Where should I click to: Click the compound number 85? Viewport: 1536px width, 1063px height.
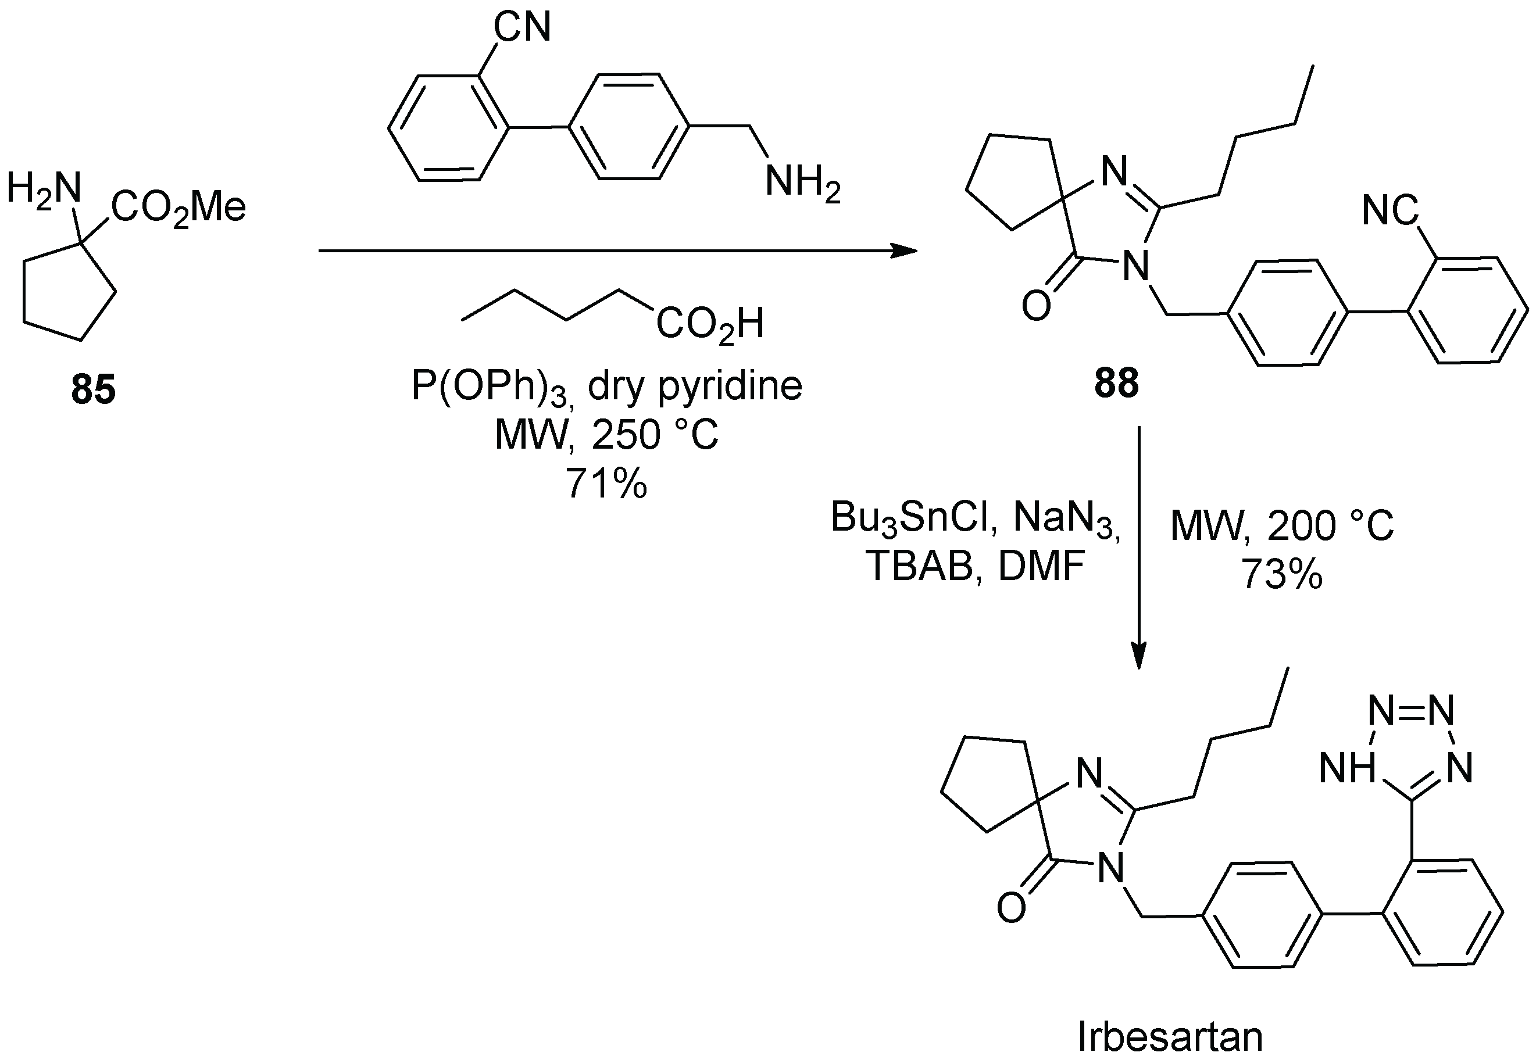pyautogui.click(x=93, y=389)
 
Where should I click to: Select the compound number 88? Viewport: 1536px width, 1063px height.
pyautogui.click(x=1116, y=384)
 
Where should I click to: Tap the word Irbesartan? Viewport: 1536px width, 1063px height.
pyautogui.click(x=1170, y=1037)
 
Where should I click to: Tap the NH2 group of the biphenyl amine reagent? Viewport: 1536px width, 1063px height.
pyautogui.click(x=802, y=182)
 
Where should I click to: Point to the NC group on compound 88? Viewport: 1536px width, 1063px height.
pyautogui.click(x=1390, y=211)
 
